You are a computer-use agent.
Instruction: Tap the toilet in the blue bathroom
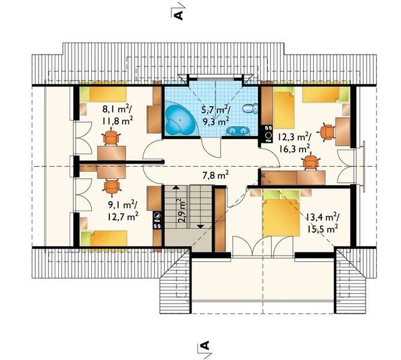point(250,108)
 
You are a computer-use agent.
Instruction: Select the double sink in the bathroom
point(237,131)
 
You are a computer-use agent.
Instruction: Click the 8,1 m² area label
point(117,109)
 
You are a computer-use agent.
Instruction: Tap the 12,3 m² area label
point(294,137)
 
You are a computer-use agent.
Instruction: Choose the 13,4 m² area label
point(322,217)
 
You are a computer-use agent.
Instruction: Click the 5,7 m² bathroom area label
point(216,110)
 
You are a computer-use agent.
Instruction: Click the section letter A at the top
point(178,15)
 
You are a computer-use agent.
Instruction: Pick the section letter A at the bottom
point(205,346)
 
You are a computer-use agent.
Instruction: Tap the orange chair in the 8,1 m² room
point(111,137)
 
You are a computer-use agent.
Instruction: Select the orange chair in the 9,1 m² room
point(112,187)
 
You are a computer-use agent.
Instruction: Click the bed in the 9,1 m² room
point(104,238)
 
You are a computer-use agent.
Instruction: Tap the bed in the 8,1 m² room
point(103,94)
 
